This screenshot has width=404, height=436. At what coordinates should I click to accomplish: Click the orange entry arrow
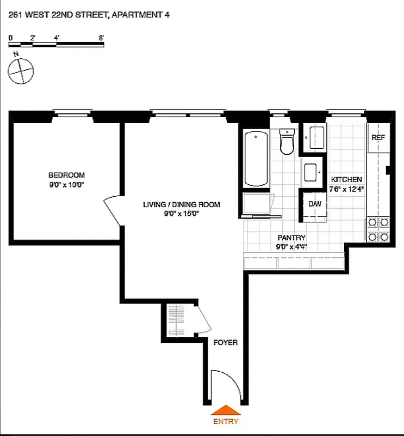(225, 410)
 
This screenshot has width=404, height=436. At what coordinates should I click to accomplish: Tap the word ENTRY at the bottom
(225, 421)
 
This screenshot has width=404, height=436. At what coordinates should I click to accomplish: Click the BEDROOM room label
(66, 175)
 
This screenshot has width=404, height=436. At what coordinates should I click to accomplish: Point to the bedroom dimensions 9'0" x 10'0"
(66, 184)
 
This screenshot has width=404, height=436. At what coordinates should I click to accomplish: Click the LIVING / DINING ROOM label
(181, 205)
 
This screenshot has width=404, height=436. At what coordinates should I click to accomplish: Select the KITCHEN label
(346, 180)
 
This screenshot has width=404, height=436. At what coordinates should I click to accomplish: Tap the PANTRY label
(291, 238)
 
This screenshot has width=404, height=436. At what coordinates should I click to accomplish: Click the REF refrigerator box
(378, 138)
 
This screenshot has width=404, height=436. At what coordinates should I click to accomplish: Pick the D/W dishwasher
(314, 204)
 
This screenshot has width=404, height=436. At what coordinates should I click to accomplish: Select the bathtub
(256, 158)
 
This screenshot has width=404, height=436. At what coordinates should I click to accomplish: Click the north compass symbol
(21, 71)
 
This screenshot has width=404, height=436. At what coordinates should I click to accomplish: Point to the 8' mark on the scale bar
(101, 38)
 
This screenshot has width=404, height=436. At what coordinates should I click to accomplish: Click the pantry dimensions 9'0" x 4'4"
(291, 246)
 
